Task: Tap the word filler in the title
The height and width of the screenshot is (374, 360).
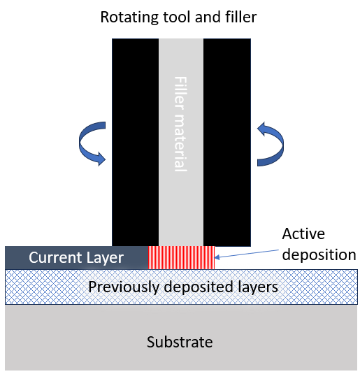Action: (241, 17)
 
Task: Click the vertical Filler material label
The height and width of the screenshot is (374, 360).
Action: (180, 124)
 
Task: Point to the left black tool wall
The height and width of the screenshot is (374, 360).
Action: (136, 143)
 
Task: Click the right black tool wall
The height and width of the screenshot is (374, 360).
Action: (227, 143)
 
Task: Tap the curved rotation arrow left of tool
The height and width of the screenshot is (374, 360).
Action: (92, 143)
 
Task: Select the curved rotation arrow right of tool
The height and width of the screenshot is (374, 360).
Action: (271, 144)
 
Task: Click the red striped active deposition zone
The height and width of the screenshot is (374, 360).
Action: (181, 257)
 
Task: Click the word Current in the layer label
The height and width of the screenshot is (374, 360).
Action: (56, 257)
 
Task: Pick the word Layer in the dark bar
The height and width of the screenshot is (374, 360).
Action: (105, 258)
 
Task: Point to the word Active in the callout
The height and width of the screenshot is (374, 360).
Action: (303, 233)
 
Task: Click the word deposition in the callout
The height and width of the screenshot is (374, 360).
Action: (319, 255)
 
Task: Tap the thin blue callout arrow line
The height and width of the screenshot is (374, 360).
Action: (247, 254)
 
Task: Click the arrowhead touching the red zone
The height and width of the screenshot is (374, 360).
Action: (217, 257)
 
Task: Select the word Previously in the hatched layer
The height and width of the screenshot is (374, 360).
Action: (124, 287)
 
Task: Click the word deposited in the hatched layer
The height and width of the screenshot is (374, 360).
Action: (199, 287)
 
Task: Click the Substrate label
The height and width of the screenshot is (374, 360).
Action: (180, 342)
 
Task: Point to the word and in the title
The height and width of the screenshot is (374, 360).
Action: (208, 17)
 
